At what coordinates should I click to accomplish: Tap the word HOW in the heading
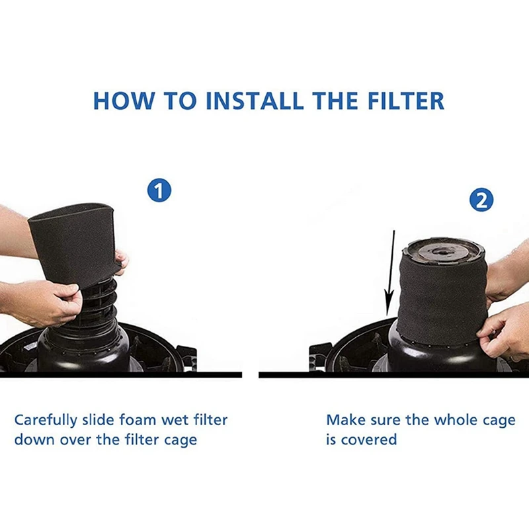pos(120,101)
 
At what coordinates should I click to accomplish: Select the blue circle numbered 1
pos(159,191)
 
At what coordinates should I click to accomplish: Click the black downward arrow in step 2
pos(391,272)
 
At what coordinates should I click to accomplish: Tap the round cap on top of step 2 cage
pos(444,250)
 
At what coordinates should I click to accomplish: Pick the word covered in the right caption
pos(368,440)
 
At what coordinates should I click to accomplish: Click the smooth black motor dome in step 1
pos(83,347)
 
